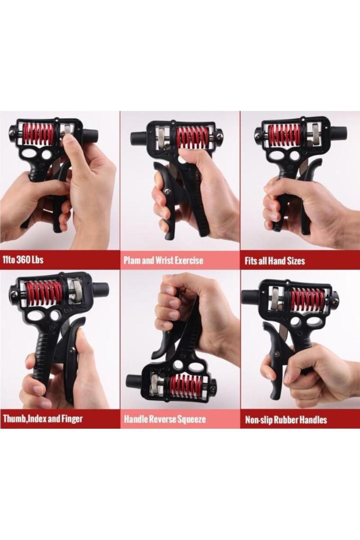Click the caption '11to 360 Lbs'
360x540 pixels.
coord(23,259)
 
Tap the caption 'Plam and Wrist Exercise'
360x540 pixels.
coord(163,260)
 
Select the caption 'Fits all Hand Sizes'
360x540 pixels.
coord(275,261)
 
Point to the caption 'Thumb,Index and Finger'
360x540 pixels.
coord(43,419)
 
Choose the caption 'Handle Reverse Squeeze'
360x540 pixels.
coord(165,419)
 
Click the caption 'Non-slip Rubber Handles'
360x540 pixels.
coord(286,420)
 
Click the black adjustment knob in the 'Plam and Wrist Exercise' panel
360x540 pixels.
coord(138,138)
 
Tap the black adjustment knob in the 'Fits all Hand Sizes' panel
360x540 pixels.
coord(336,132)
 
